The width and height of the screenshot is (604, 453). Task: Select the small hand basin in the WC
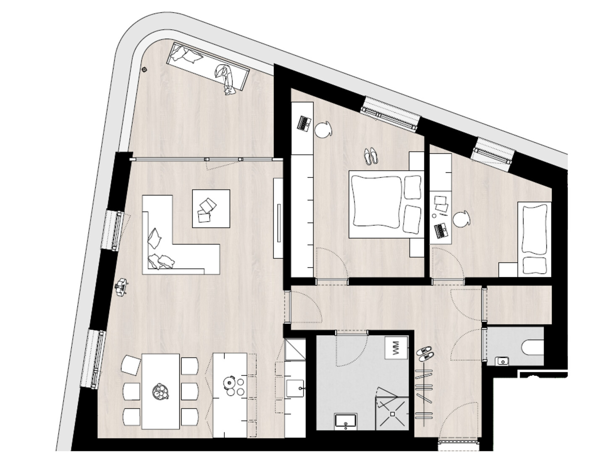502,361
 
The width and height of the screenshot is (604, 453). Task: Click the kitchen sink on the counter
295,388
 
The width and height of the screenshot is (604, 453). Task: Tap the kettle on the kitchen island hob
228,382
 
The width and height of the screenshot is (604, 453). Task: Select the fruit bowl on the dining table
160,391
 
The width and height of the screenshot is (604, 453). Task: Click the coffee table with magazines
211,208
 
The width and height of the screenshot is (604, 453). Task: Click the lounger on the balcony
208,68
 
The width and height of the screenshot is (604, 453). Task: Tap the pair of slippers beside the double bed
370,156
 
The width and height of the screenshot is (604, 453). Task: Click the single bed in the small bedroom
534,239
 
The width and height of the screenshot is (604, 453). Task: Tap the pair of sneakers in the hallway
425,354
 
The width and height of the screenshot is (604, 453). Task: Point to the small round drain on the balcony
145,70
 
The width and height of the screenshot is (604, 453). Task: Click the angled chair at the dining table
131,365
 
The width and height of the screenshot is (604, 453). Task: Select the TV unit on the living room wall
278,218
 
